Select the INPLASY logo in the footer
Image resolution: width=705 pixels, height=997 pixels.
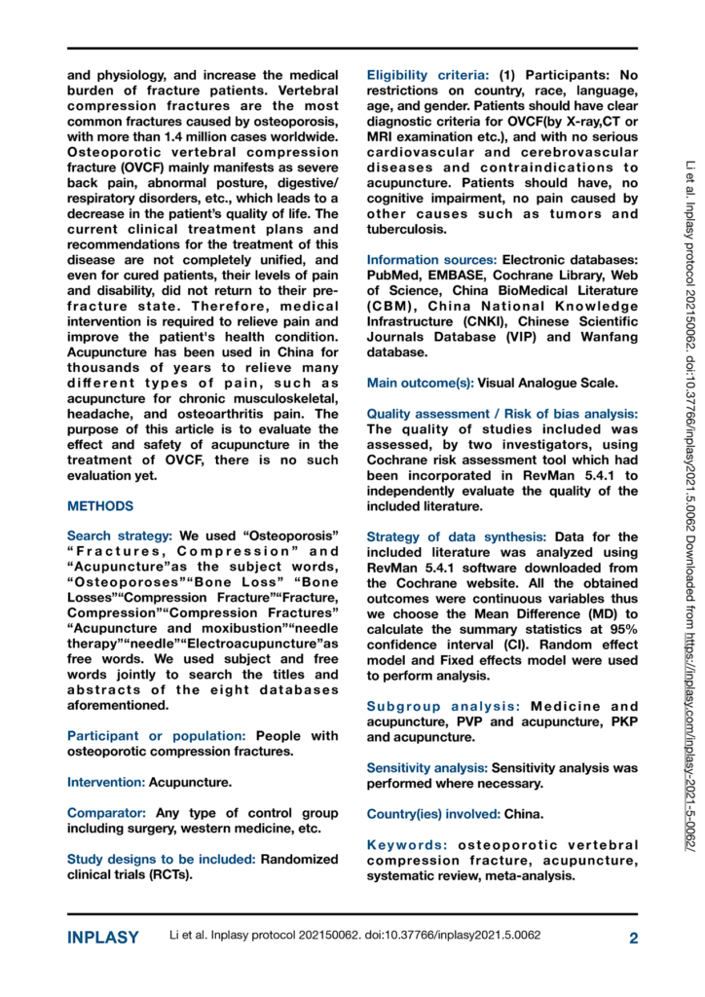click(x=104, y=939)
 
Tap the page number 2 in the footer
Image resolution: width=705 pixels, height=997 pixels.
click(x=633, y=939)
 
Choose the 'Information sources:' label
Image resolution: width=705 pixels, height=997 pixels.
click(x=431, y=259)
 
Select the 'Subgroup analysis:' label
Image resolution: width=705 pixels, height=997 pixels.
click(x=433, y=706)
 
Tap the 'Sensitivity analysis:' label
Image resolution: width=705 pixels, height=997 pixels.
click(x=427, y=768)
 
